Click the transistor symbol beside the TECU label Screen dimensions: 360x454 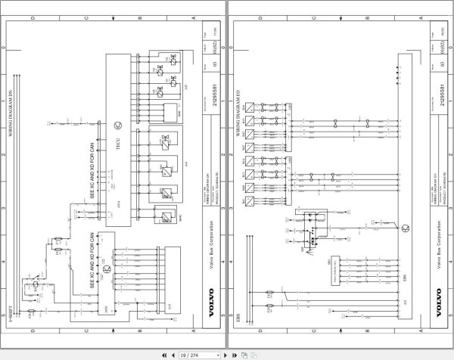pos(117,124)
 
